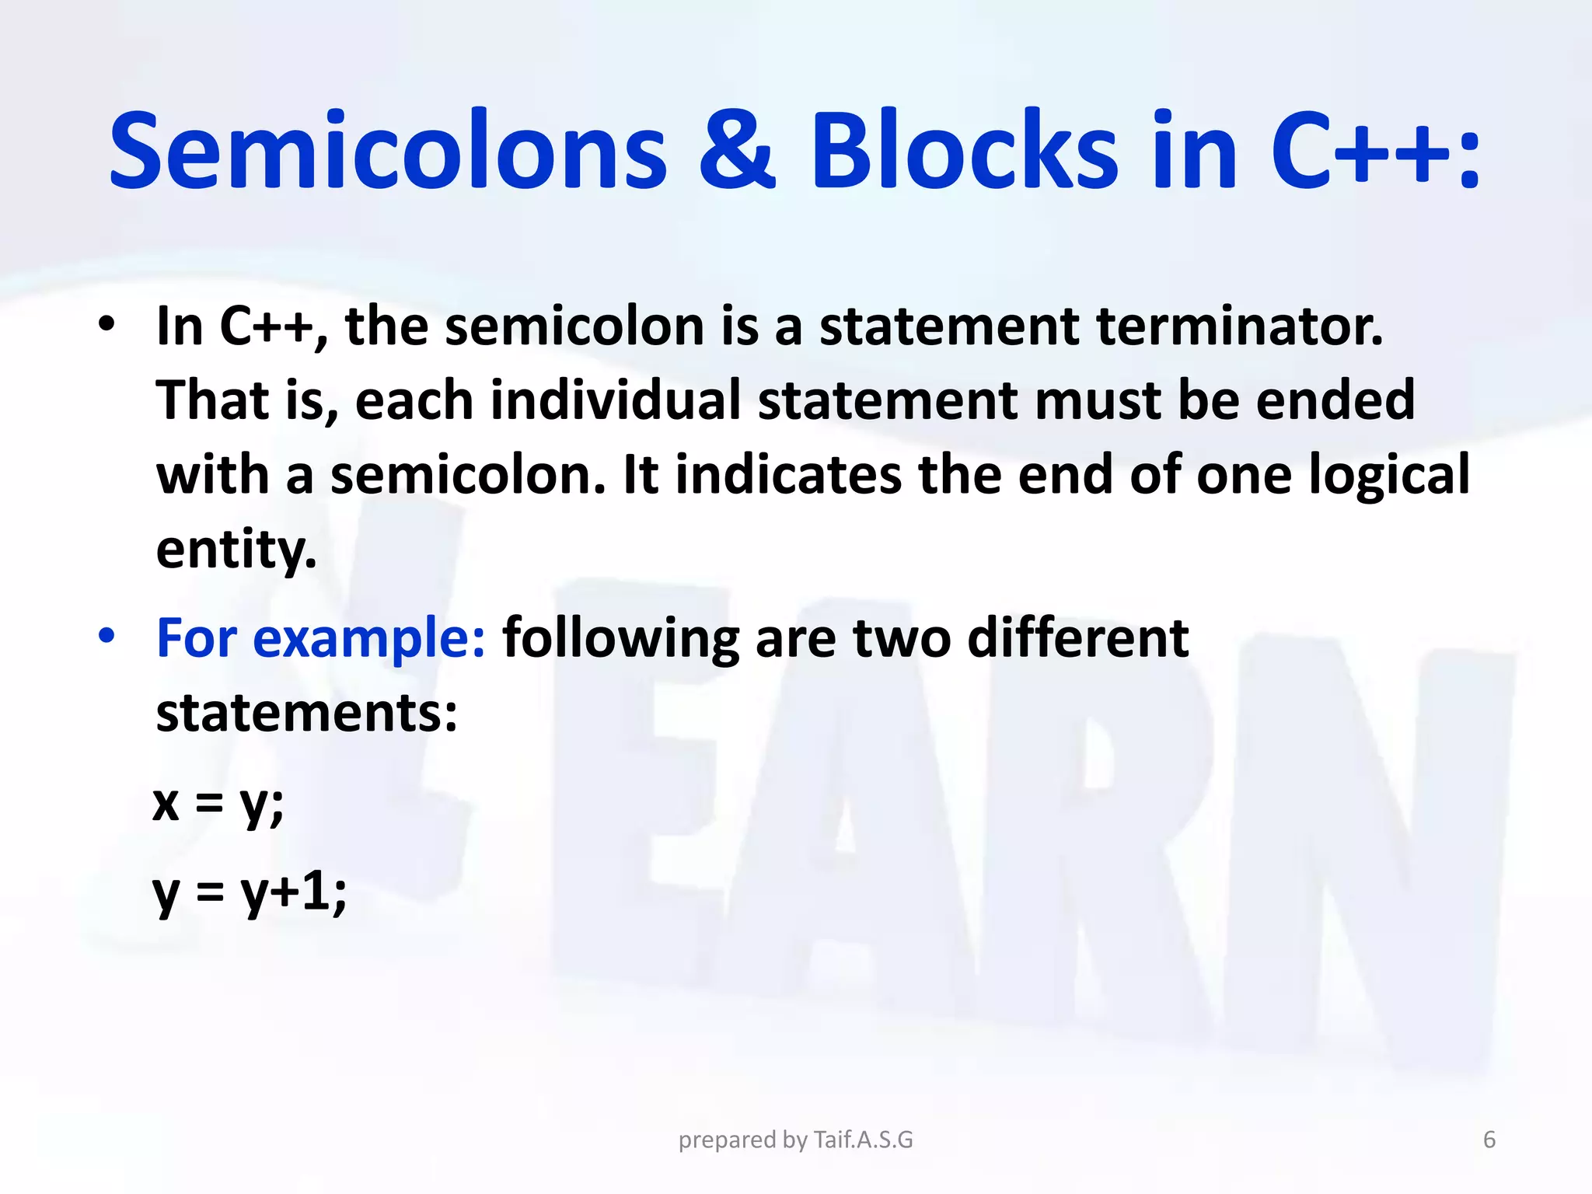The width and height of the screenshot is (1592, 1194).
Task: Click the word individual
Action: click(615, 401)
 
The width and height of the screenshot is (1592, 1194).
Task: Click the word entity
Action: click(236, 550)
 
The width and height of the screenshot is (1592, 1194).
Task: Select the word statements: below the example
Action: click(306, 714)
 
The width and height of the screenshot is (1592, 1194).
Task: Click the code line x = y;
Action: click(218, 804)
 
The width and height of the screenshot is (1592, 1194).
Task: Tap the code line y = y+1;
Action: click(250, 892)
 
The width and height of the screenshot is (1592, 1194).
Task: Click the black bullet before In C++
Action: click(106, 324)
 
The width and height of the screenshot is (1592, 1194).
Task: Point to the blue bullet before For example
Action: click(106, 637)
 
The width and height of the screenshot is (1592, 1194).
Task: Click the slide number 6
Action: click(1489, 1140)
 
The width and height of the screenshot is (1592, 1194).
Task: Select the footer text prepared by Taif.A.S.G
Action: click(795, 1140)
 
